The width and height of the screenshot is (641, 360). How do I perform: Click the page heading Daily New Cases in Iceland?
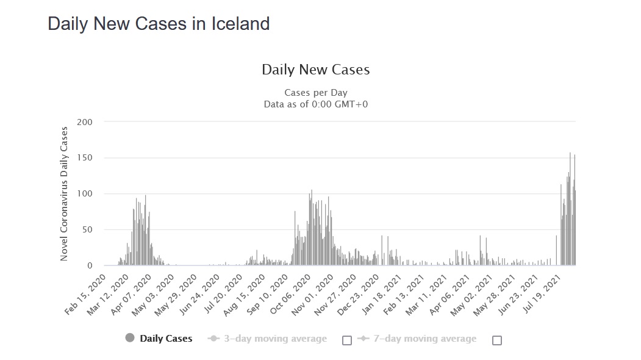pos(159,24)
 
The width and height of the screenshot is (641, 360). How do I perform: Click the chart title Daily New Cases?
pos(315,70)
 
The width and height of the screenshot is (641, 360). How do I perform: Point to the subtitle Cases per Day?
pos(315,93)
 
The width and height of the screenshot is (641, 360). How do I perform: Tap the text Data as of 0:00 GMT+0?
pos(315,104)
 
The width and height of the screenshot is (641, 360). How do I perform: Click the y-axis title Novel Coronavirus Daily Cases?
pos(64,194)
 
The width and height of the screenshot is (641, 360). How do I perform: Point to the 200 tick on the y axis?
pos(85,122)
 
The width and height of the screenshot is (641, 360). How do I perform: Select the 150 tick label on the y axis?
pos(85,158)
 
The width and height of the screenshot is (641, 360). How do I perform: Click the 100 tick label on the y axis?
pos(85,194)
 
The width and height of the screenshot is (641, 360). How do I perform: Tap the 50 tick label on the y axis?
pos(87,230)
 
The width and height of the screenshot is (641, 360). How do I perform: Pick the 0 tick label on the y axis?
pos(89,266)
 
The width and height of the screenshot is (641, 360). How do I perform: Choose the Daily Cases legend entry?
pos(166,339)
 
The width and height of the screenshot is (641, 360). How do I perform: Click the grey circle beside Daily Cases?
pos(130,339)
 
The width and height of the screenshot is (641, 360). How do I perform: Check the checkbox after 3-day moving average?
pos(347,340)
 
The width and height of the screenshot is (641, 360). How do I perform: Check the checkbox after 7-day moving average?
pos(497,340)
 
